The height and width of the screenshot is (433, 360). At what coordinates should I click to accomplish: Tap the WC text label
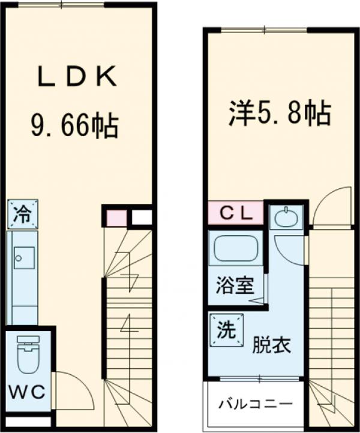point(27,393)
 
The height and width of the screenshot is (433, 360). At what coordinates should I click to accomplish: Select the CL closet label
point(235,212)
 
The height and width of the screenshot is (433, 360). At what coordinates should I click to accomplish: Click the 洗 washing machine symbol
point(226,329)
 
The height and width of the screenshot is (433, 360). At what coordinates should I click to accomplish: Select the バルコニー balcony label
point(255,403)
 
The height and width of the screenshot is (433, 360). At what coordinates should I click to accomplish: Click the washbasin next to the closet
point(286,217)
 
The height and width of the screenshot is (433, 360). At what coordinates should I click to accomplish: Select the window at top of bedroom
point(264,30)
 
